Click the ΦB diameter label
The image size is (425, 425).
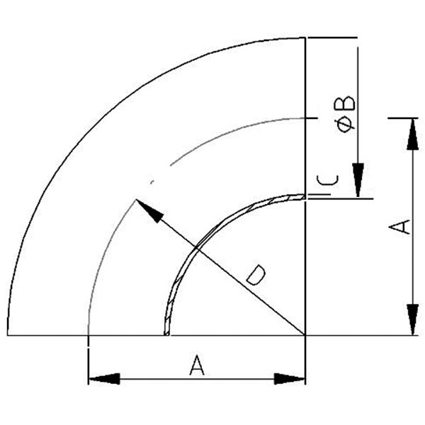point(346,113)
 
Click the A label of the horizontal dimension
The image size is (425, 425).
point(197,365)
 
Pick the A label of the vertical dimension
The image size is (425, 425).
point(401,227)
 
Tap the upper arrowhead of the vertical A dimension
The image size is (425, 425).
point(410,135)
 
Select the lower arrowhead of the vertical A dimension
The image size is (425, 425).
point(410,319)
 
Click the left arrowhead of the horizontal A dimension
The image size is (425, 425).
point(103,379)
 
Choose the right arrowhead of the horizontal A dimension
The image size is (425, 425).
point(290,379)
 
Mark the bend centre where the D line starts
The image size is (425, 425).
point(305,334)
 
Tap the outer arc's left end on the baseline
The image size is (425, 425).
point(8,334)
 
